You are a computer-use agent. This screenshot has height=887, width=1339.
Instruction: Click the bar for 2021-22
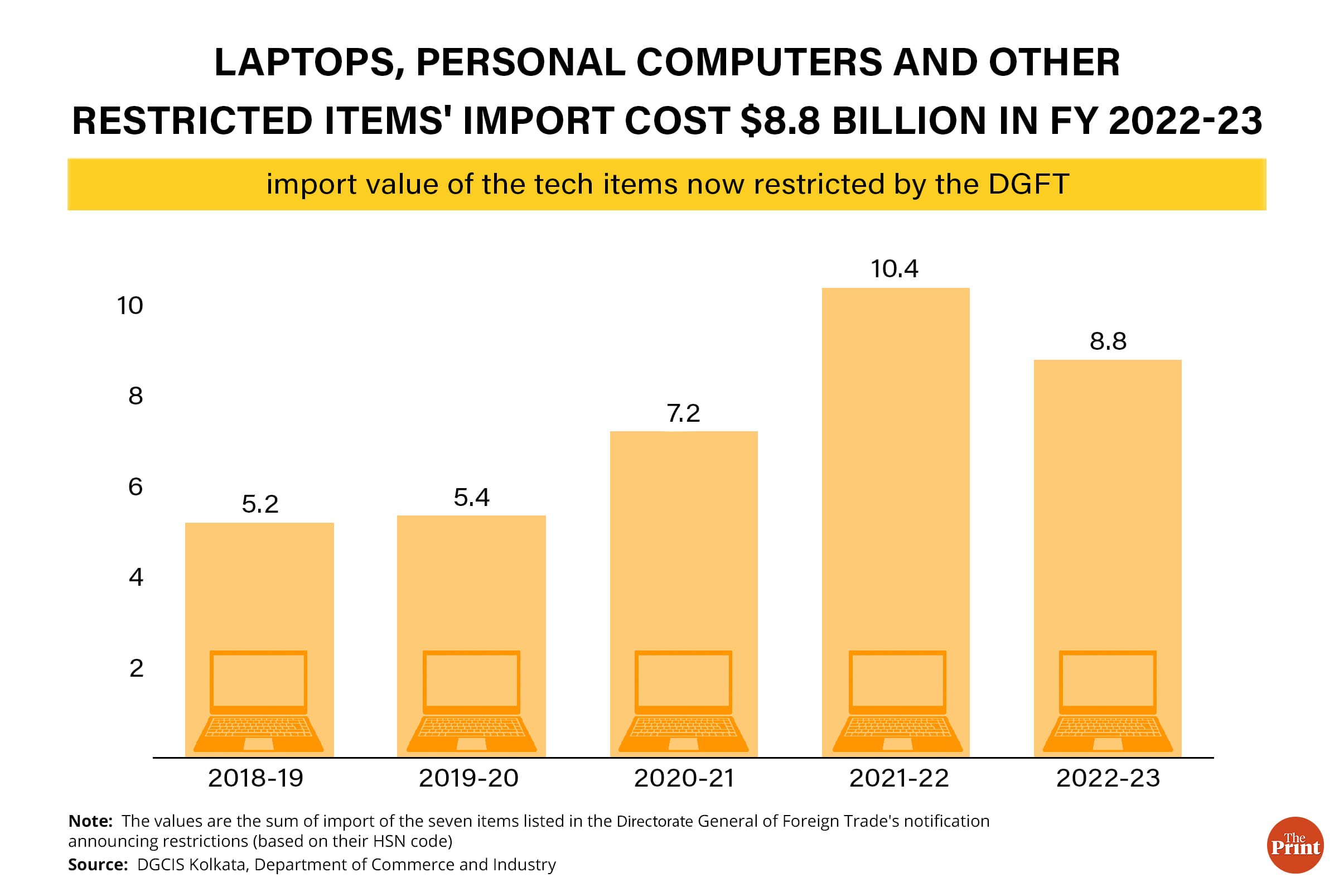click(895, 464)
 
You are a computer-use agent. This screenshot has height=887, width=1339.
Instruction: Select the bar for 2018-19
click(259, 582)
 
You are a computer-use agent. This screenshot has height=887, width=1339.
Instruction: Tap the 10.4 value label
click(894, 269)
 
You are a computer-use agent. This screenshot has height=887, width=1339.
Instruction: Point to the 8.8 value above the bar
click(1108, 341)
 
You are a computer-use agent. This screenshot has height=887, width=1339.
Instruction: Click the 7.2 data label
click(683, 413)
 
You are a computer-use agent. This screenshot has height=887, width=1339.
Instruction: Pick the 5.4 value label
click(471, 498)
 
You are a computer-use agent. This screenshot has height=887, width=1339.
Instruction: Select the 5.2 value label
click(259, 504)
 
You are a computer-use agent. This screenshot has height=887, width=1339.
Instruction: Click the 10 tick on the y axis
click(130, 306)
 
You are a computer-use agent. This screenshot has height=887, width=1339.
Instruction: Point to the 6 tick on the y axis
click(135, 487)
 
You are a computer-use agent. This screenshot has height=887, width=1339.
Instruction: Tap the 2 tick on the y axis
click(136, 669)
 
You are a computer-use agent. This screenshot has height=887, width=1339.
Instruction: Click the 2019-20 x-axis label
click(468, 778)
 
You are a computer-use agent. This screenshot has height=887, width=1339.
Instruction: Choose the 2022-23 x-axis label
click(1108, 778)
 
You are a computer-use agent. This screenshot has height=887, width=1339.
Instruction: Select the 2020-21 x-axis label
click(684, 778)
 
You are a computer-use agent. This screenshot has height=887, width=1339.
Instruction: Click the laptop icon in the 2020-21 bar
click(683, 701)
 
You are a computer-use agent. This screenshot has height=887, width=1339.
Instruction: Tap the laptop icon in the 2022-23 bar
click(1107, 701)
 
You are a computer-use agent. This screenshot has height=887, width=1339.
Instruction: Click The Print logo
click(1295, 845)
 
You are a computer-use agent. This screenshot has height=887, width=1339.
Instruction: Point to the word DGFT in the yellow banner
click(1028, 185)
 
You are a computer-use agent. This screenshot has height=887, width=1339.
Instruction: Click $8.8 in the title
click(780, 121)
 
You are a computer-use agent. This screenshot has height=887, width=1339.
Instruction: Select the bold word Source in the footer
click(97, 865)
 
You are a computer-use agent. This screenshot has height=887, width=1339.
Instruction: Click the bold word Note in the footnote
click(90, 821)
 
